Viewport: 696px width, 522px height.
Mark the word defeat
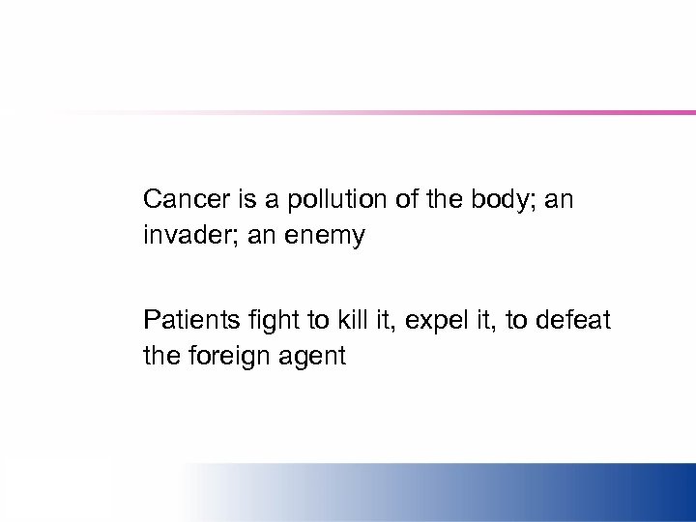coord(577,320)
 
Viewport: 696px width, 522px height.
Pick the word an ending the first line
coord(560,201)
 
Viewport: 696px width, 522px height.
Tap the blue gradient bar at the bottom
coord(483,492)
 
